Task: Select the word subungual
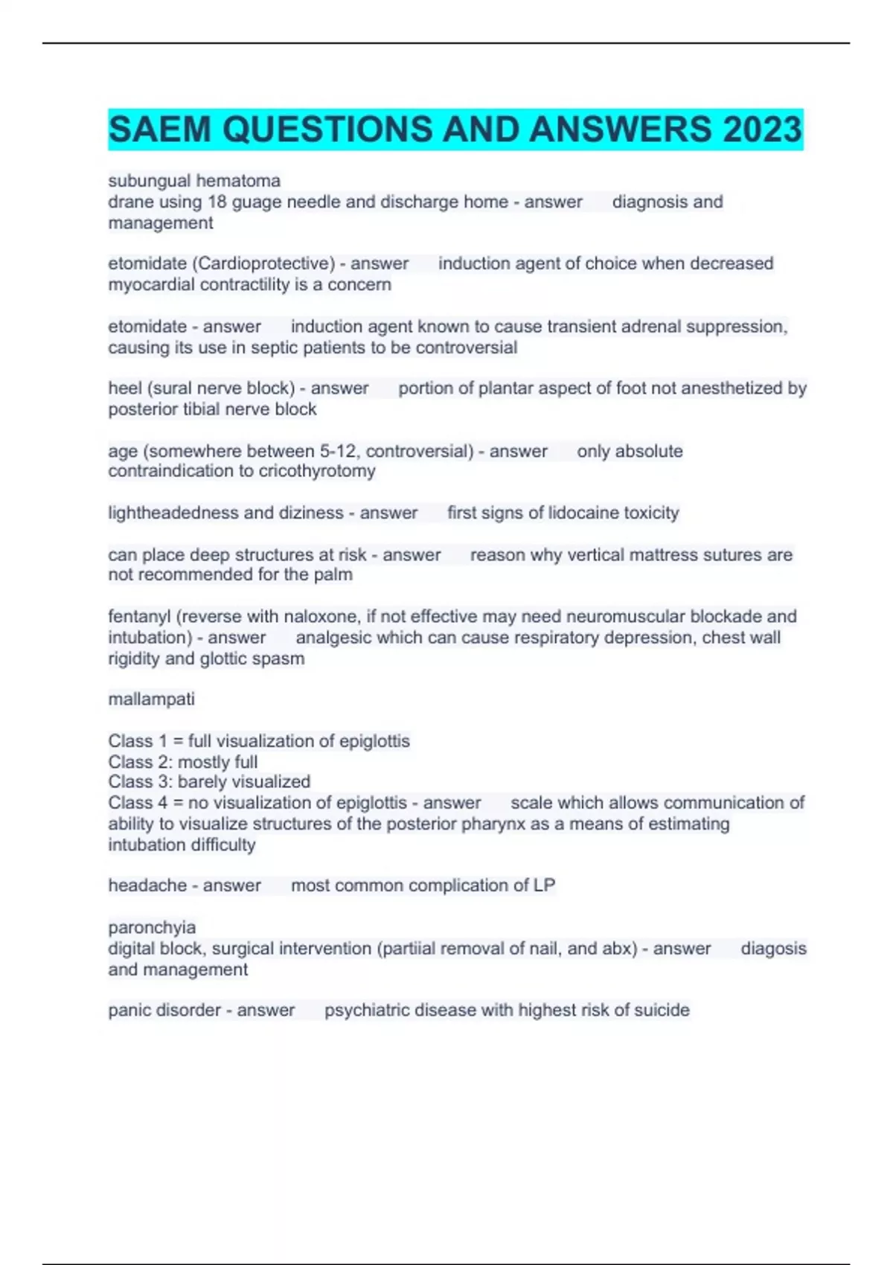pos(144,181)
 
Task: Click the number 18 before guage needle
pos(217,202)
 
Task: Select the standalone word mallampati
pos(151,699)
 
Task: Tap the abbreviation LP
pos(544,885)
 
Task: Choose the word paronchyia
pos(152,928)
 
